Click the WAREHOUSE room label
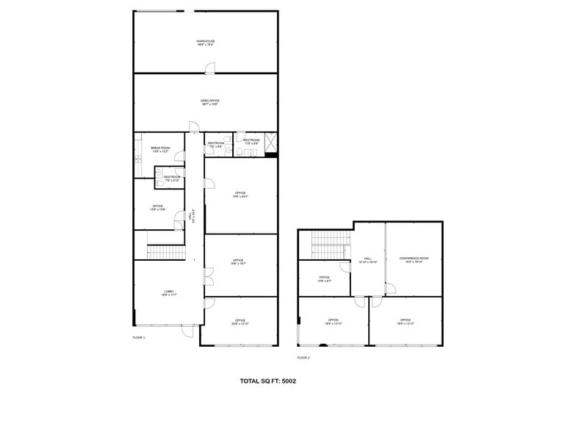206,43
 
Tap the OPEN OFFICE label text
210,102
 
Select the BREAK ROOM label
160,149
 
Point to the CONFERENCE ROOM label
414,259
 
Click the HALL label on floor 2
367,260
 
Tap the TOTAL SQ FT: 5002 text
268,381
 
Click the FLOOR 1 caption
139,337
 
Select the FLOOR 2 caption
303,358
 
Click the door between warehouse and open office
210,69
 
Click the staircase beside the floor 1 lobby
165,252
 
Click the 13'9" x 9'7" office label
324,279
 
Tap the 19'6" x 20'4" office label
240,195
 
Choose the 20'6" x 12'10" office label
240,322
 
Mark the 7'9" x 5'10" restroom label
172,178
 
